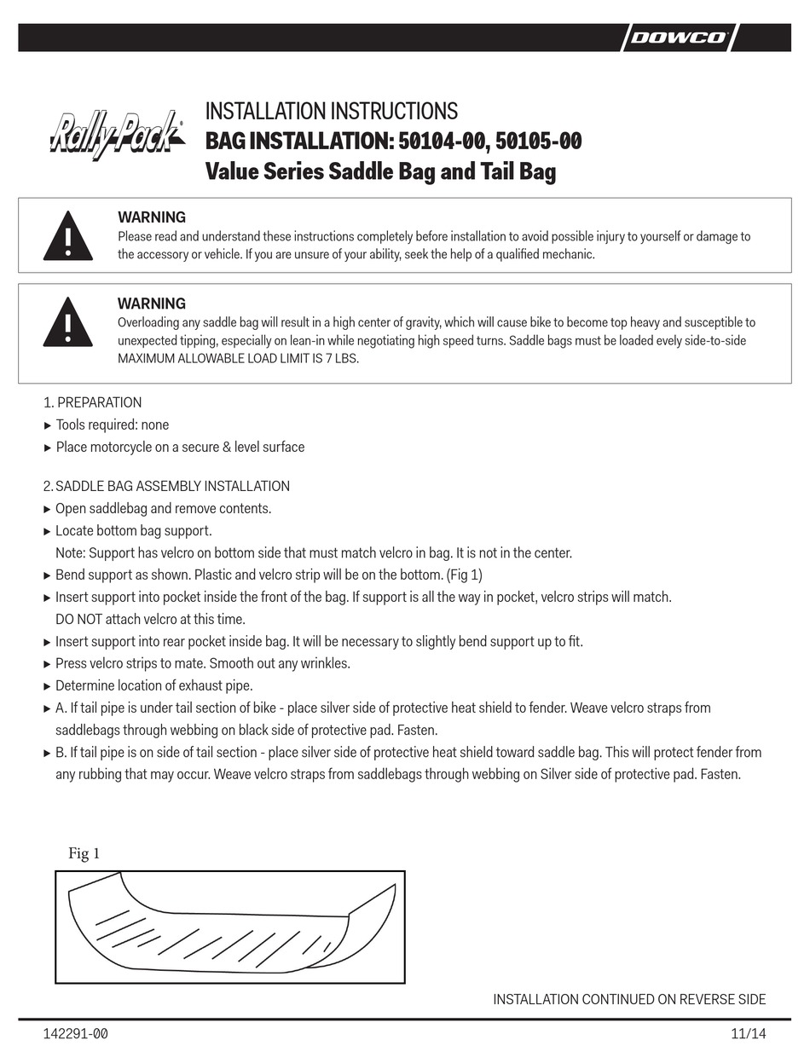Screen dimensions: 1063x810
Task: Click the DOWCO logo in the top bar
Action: pos(679,38)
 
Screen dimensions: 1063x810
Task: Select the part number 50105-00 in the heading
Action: pos(537,141)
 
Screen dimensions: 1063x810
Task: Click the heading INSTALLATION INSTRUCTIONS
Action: pos(332,112)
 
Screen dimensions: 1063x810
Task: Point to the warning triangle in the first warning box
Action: pos(68,235)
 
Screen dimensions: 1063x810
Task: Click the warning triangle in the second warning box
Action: pos(68,321)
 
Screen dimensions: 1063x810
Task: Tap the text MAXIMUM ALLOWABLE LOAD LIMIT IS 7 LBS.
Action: pos(239,359)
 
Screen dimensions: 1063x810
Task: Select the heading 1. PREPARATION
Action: pos(92,402)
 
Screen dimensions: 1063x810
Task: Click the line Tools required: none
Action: pos(112,425)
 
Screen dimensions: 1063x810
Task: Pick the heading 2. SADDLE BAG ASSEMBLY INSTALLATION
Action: pos(166,486)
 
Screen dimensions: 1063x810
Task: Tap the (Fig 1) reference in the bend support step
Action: pos(464,575)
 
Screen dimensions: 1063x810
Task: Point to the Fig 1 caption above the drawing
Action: pos(84,853)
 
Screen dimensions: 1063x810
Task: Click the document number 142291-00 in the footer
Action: pos(75,1035)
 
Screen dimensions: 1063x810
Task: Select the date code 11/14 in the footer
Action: pos(749,1035)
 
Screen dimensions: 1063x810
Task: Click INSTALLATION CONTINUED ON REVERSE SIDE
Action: pos(629,999)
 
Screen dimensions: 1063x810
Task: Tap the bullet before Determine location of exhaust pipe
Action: pos(47,686)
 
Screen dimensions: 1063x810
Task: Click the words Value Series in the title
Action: pos(264,171)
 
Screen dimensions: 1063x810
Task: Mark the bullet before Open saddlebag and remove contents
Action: pos(47,509)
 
